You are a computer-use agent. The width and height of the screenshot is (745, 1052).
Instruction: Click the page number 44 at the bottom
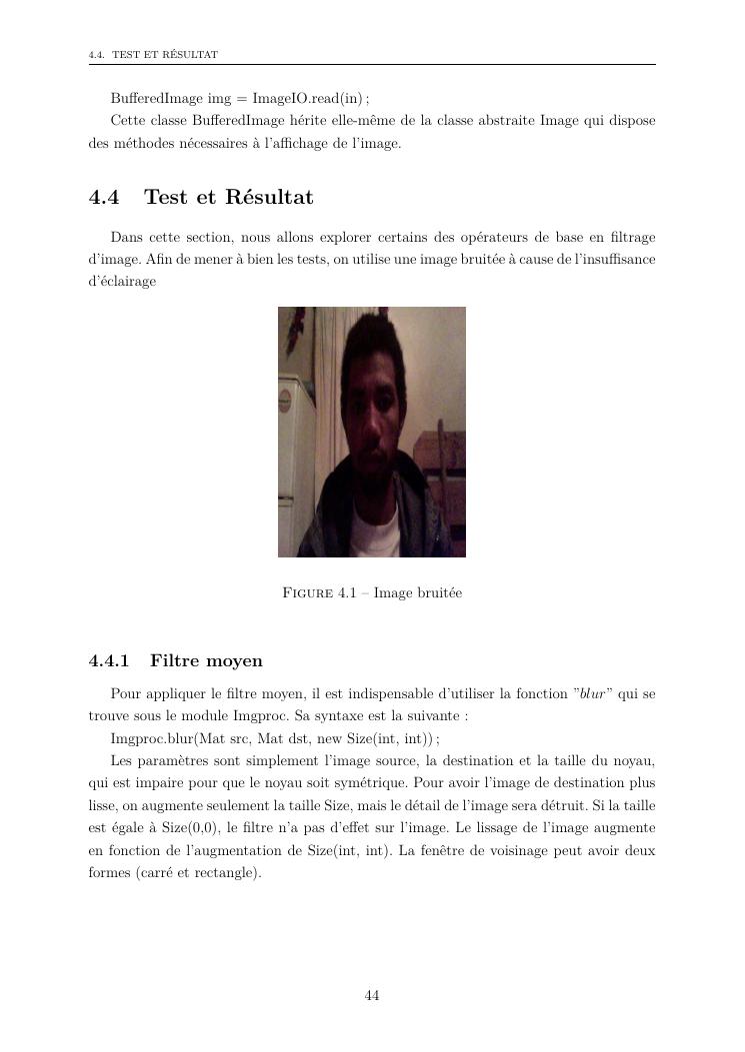(372, 995)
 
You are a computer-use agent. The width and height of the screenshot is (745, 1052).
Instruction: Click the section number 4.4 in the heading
(104, 198)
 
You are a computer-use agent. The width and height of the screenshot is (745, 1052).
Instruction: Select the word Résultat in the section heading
(269, 198)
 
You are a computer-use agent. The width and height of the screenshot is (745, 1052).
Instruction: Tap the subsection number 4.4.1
(110, 661)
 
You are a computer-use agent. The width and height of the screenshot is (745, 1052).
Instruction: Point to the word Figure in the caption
(309, 593)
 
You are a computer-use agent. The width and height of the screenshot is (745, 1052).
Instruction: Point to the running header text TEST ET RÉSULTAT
(166, 54)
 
